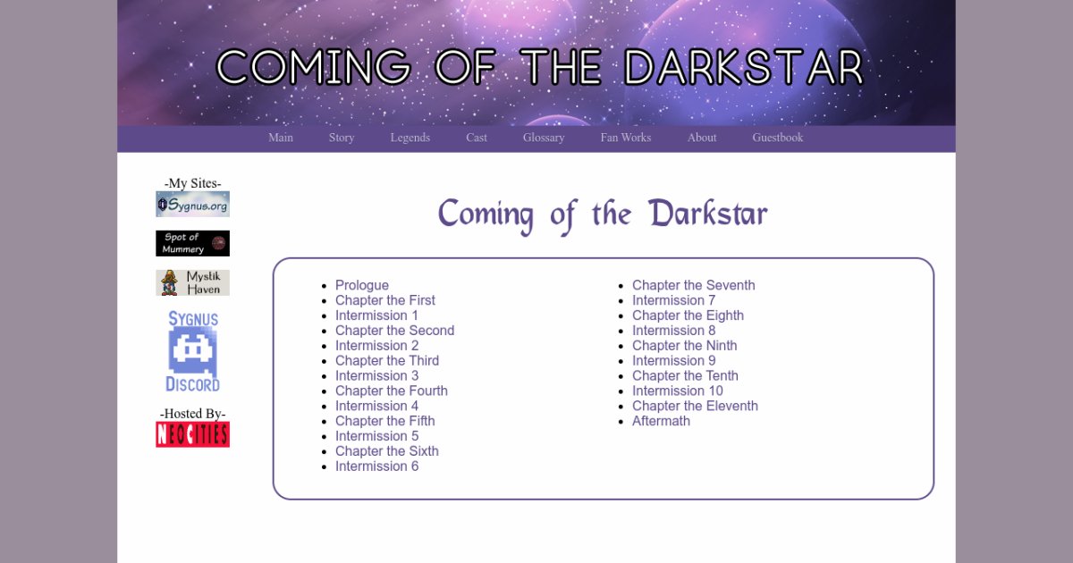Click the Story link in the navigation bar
342,138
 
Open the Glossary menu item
544,138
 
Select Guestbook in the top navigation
777,138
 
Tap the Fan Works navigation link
626,138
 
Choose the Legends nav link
410,138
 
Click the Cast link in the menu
476,138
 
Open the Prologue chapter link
361,285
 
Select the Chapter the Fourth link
392,391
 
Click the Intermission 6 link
376,466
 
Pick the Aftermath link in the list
661,421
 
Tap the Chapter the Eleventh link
695,406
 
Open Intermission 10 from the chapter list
678,391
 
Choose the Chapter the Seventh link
693,285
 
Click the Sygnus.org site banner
192,204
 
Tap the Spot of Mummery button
192,243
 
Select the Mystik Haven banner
192,282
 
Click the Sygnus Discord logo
192,351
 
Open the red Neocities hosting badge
192,434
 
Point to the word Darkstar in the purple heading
708,214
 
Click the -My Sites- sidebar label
192,183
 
